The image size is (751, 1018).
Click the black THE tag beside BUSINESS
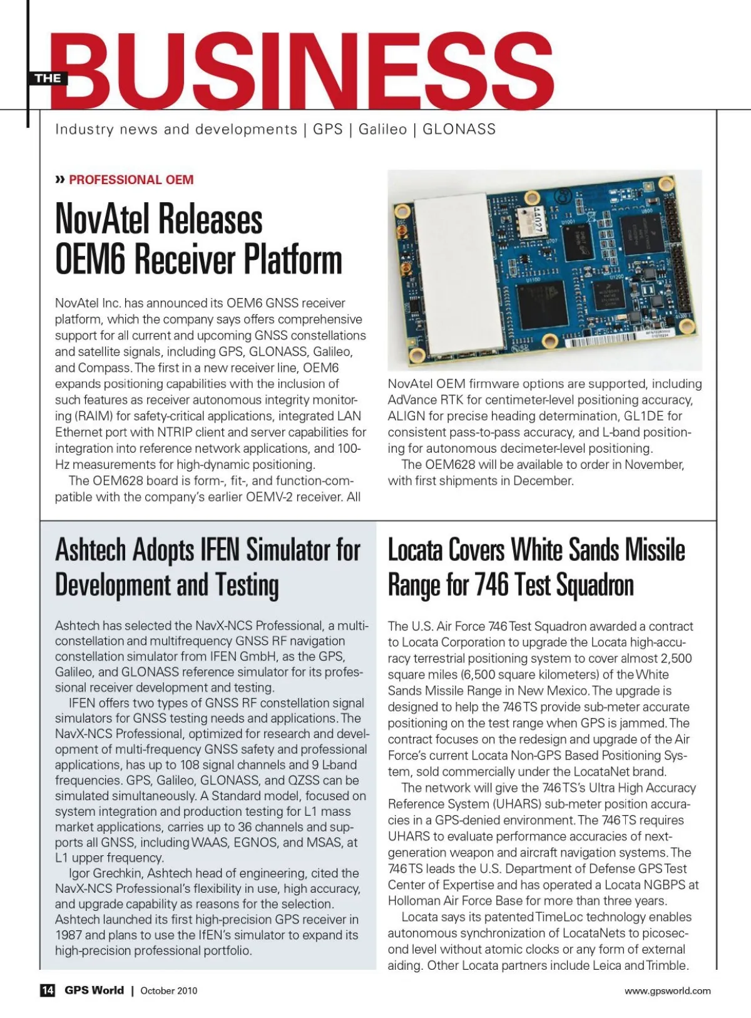[48, 78]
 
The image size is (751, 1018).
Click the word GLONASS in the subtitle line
[459, 130]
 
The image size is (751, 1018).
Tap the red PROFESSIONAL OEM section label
[131, 180]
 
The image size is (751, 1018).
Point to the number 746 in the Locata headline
[493, 585]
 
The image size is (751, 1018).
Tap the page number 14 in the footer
[48, 990]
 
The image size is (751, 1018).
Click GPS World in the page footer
[94, 990]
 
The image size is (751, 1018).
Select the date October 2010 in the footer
[169, 990]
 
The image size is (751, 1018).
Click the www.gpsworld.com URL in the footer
[667, 990]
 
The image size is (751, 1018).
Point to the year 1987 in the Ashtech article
[68, 935]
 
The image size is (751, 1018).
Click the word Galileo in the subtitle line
[382, 130]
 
